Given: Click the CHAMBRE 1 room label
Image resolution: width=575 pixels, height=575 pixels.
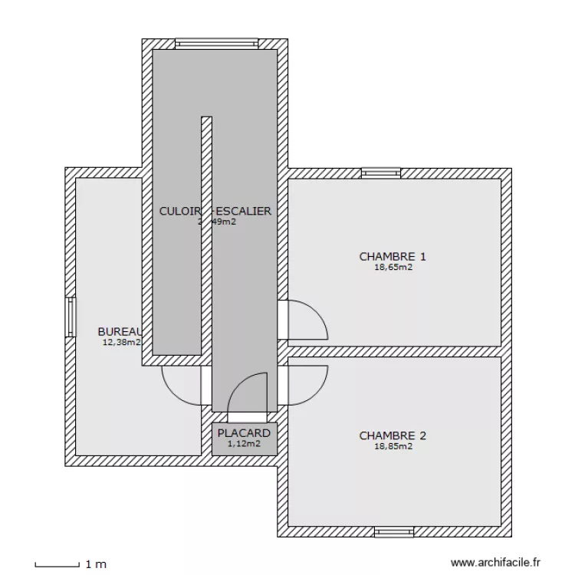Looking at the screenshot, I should pos(392,257).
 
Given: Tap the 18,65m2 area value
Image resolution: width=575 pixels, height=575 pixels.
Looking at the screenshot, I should pos(393,268).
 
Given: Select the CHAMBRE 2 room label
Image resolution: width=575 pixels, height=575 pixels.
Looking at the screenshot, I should pos(392,436).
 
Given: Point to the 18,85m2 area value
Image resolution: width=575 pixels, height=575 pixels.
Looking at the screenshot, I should pos(393,446).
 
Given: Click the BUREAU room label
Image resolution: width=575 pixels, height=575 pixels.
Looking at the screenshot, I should pos(120,331).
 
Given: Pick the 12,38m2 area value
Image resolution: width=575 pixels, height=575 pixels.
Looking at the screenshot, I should pos(121,343).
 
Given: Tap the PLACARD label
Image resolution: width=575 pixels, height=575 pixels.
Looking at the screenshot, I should pos(244,433).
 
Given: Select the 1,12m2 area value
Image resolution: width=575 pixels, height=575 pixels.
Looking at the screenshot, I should pos(244,443).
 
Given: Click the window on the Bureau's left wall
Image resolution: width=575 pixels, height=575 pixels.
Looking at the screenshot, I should pos(71,317).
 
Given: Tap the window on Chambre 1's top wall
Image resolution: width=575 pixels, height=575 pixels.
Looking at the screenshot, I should pos(381,173).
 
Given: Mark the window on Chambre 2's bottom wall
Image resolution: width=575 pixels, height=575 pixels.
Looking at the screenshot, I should pos(394,531).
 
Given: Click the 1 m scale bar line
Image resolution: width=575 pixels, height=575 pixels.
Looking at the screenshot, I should pos(57,565).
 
